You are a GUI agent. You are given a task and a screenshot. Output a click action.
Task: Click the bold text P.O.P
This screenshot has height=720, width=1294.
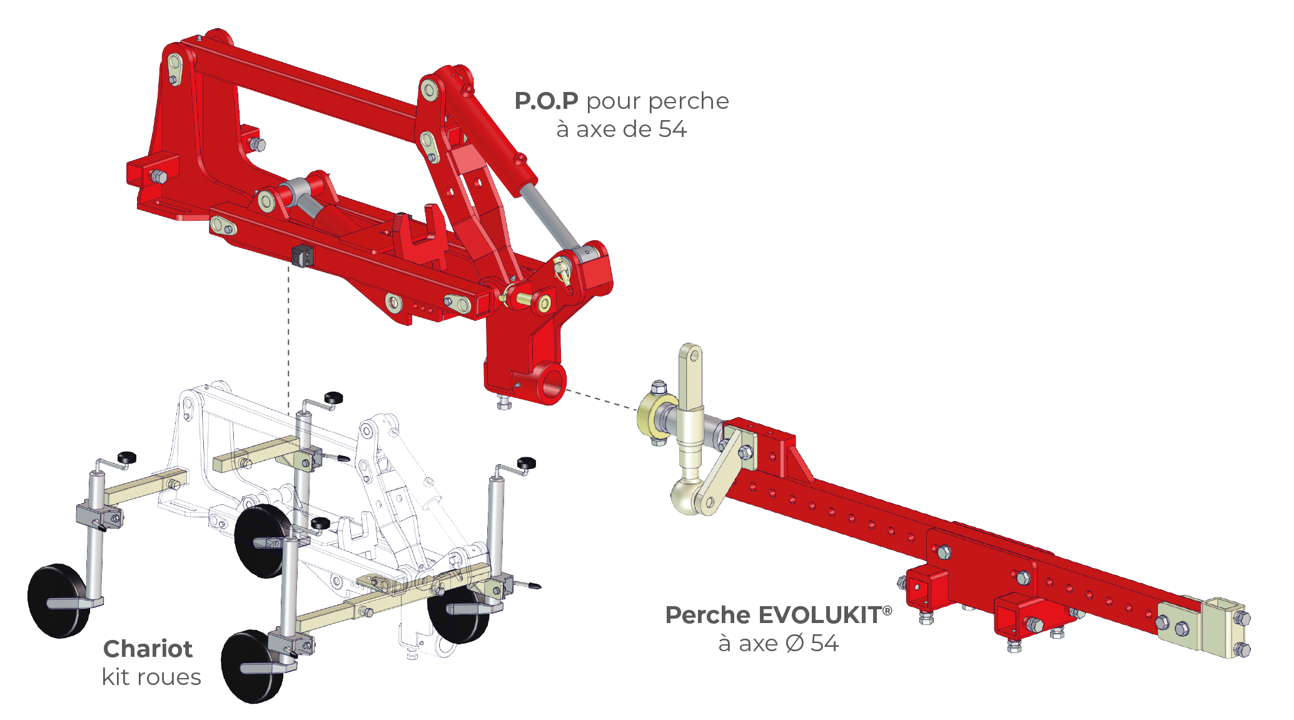tap(546, 101)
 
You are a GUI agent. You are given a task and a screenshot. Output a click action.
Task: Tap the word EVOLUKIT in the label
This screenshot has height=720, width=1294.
tap(825, 615)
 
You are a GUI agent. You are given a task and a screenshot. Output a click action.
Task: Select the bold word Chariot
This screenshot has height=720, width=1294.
tap(148, 649)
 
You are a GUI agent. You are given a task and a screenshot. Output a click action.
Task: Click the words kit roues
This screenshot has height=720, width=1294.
tap(151, 677)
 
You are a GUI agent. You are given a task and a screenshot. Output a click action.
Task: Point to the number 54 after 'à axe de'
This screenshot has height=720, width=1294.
tap(672, 129)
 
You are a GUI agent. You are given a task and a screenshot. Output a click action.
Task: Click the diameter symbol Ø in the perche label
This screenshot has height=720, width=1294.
tap(794, 643)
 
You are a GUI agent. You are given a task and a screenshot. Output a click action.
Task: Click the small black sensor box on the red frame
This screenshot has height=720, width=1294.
tap(303, 255)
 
